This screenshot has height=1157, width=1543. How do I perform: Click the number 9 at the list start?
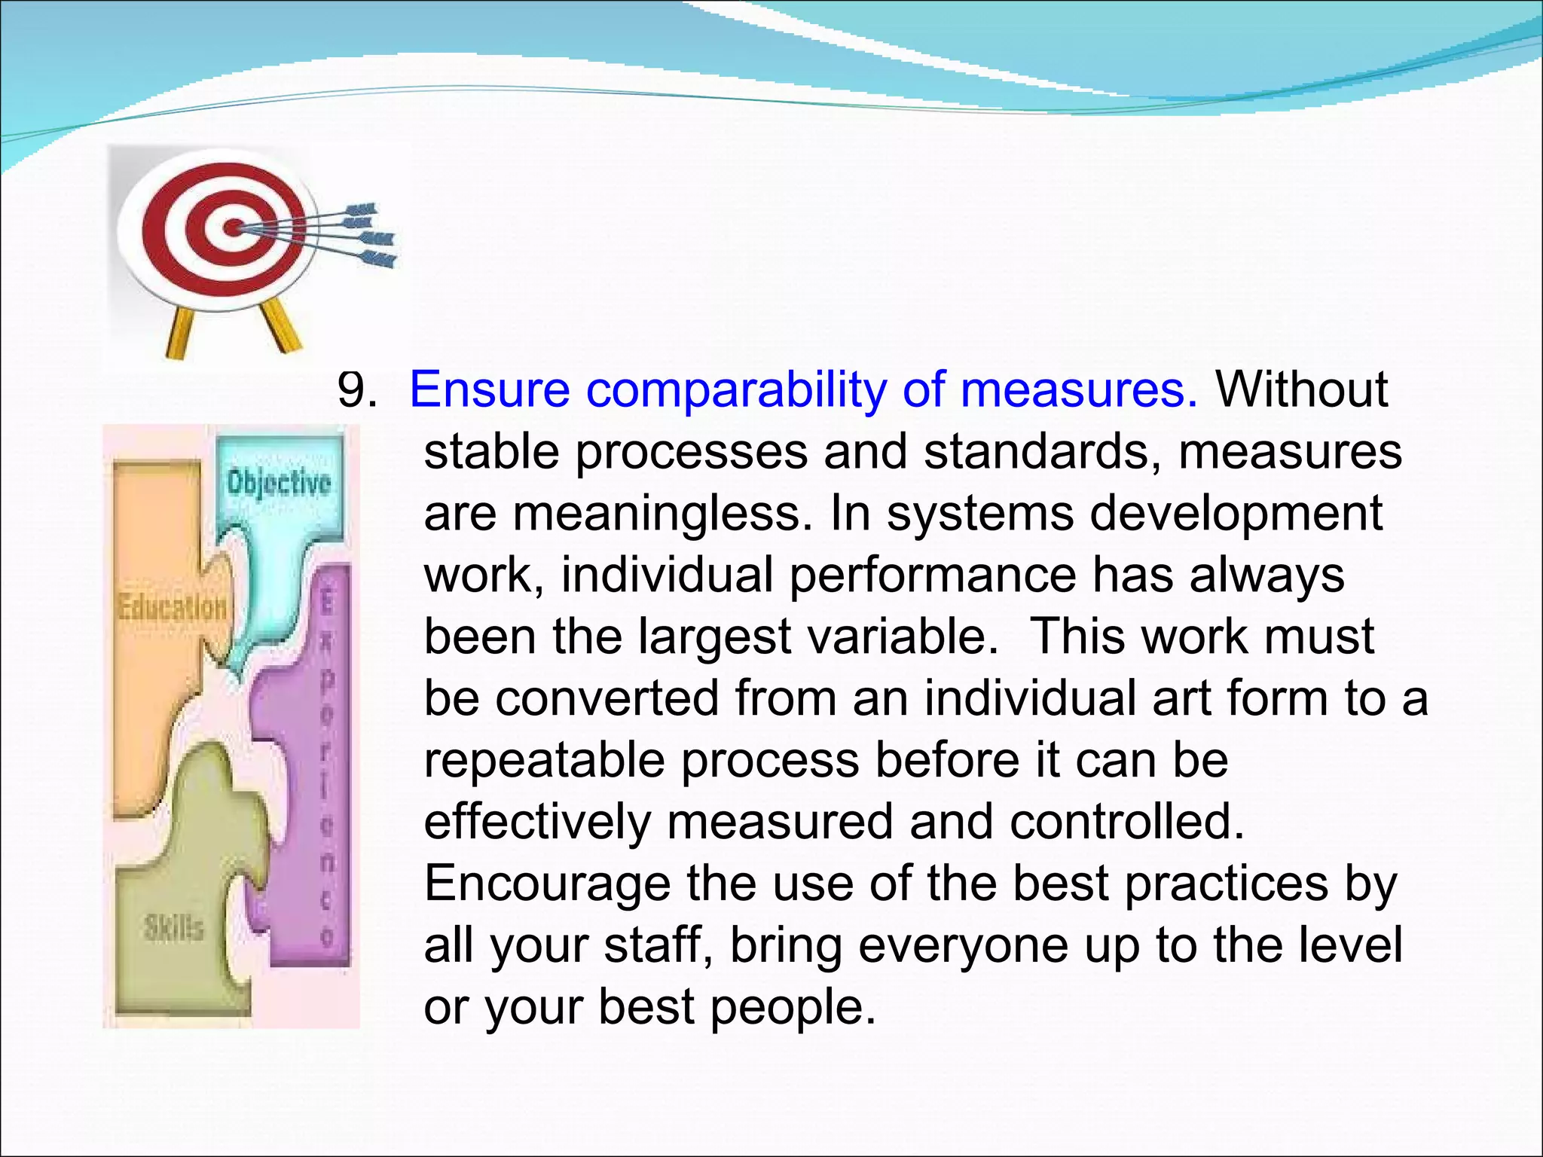(x=352, y=390)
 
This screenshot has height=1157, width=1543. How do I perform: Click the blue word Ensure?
(x=489, y=390)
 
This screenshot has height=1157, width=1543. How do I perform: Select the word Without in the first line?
(x=1302, y=390)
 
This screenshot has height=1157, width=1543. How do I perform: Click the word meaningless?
(x=658, y=514)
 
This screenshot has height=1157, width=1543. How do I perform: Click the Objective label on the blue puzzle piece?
(x=279, y=483)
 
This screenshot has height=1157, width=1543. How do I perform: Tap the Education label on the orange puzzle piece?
(x=172, y=606)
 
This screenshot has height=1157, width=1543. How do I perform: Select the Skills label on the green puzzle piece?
(x=174, y=928)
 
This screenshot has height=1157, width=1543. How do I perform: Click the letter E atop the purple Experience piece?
(x=326, y=603)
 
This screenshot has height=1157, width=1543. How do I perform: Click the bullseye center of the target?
(x=234, y=226)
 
